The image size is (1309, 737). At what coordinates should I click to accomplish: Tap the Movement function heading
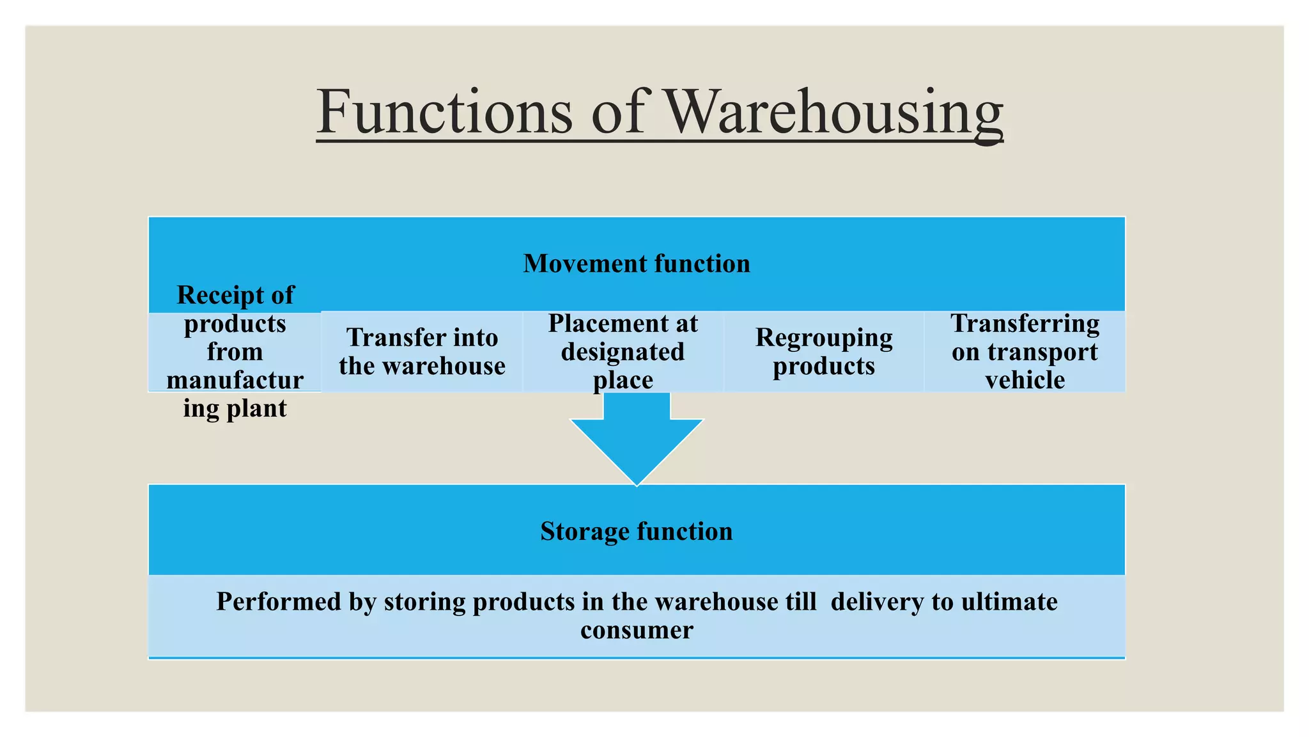click(637, 264)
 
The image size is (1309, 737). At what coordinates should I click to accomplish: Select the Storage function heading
click(637, 531)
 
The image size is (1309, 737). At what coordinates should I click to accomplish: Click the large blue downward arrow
click(637, 441)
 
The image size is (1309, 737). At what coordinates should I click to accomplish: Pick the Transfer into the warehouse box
click(422, 352)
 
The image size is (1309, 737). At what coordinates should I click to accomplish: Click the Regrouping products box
click(824, 352)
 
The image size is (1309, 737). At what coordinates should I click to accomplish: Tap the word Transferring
click(1025, 324)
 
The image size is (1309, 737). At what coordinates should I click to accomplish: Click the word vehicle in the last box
click(1025, 380)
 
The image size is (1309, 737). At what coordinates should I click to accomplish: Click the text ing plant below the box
click(235, 408)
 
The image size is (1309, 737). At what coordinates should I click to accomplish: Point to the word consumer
click(637, 630)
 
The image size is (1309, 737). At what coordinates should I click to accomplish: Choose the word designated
click(623, 352)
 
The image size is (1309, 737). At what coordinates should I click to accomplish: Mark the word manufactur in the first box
click(235, 380)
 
